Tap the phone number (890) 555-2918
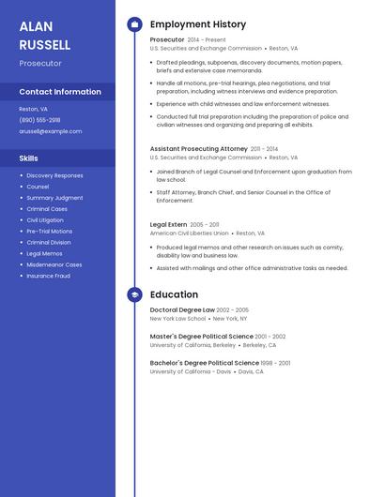[x=39, y=120]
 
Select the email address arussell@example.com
[x=50, y=131]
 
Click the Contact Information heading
[x=60, y=92]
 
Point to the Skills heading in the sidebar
[x=28, y=158]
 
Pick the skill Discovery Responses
[x=54, y=175]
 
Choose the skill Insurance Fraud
[x=48, y=276]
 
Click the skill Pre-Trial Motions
[x=49, y=231]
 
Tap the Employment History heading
[x=198, y=24]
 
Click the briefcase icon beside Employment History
[x=134, y=24]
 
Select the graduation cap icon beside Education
[x=134, y=294]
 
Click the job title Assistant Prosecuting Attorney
[x=198, y=148]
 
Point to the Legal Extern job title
[x=168, y=225]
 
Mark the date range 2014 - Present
[x=207, y=40]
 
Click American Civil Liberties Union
[x=189, y=233]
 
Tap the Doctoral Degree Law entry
[x=182, y=309]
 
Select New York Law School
[x=177, y=319]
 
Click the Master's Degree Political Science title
[x=201, y=336]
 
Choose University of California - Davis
[x=191, y=371]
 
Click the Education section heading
[x=174, y=294]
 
